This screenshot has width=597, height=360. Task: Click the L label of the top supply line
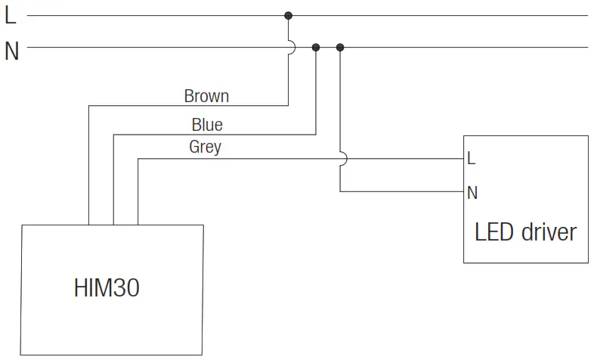(10, 15)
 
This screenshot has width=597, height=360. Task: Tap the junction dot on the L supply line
(288, 15)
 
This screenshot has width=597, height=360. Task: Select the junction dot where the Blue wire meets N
(316, 48)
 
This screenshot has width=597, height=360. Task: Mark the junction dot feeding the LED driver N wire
(340, 48)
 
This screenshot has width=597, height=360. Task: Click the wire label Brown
(206, 96)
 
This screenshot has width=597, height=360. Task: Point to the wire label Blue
(206, 124)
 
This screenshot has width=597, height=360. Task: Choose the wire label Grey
(205, 147)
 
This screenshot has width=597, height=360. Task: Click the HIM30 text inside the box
(107, 288)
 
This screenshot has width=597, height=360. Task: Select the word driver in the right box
(549, 231)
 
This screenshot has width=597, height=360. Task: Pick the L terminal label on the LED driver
(472, 159)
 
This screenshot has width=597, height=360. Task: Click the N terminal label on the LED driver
(472, 192)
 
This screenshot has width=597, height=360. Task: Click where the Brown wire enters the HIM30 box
(89, 225)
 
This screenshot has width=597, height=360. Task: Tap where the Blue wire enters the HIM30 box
(113, 225)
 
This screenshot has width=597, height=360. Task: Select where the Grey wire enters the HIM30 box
(138, 225)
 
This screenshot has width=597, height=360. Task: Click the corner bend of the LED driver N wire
(340, 191)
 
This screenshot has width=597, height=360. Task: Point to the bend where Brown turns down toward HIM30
(89, 105)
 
